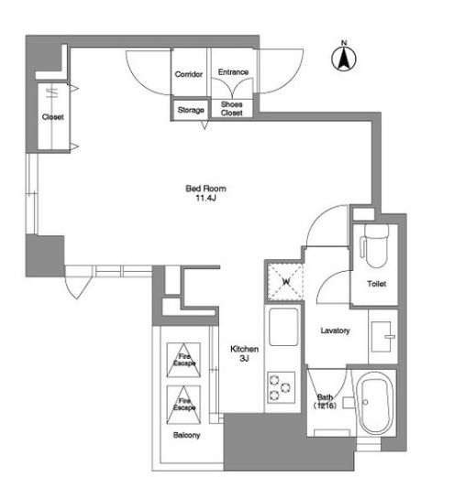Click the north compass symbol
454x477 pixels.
coord(344,57)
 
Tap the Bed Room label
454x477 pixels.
coord(205,189)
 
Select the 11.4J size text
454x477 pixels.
coord(205,198)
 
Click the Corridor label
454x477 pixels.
coord(189,74)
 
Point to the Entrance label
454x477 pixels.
coord(233,72)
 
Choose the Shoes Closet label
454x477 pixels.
coord(232,109)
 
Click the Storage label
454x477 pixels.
coord(191,110)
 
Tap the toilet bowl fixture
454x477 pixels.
coord(376,245)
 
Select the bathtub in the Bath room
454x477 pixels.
coord(376,403)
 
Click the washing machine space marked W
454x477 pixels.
coord(285,282)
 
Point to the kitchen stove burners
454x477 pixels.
coord(281,387)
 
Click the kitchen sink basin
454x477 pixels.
coord(283,327)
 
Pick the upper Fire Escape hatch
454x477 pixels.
coord(183,360)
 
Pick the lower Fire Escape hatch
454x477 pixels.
coord(183,405)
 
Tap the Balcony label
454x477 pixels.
coord(186,435)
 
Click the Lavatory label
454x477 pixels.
coord(335,331)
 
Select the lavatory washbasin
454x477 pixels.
coord(382,337)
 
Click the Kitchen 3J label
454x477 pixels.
coord(244,353)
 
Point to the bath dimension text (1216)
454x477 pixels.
coord(325,406)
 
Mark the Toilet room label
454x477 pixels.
coord(376,284)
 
